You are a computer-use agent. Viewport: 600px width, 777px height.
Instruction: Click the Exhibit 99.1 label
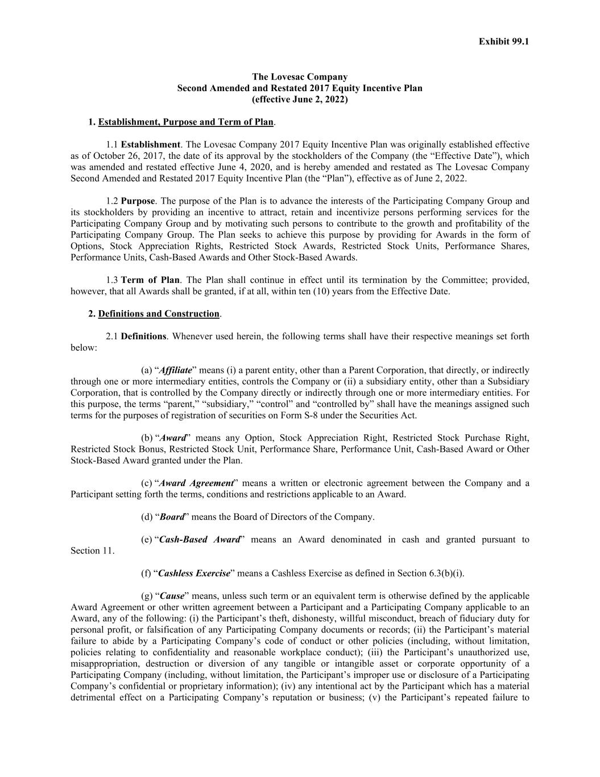point(503,42)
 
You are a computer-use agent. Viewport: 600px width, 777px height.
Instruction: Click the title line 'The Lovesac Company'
point(300,77)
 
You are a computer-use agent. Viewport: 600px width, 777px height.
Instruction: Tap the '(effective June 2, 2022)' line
point(300,99)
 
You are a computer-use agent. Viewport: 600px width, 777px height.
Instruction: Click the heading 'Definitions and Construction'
point(159,314)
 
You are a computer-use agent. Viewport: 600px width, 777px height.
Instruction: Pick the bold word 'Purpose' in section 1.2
point(138,201)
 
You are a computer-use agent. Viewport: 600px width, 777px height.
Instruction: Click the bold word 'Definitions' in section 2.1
point(143,336)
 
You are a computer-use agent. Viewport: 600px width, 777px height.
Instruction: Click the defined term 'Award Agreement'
point(196,483)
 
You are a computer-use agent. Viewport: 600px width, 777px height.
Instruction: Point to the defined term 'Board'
point(172,517)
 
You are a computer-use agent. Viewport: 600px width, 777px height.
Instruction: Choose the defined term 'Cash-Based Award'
point(200,540)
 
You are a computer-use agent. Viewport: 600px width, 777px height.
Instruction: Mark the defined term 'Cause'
point(172,596)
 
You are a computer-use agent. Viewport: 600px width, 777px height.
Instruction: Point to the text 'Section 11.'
point(92,551)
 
